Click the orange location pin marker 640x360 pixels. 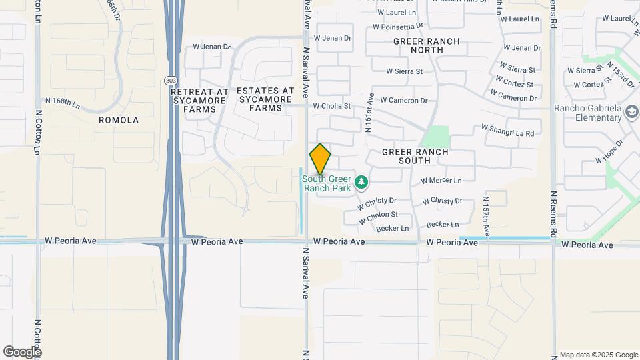320,159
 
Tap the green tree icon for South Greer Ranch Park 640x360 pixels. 361,181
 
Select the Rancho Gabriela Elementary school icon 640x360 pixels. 631,113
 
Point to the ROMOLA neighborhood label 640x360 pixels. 119,120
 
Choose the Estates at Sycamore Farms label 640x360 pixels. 265,99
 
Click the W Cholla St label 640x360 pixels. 332,105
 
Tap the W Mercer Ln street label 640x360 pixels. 441,181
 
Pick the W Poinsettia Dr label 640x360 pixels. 398,27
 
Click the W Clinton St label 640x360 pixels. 378,217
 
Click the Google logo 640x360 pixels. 21,352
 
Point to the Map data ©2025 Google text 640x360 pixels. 599,355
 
